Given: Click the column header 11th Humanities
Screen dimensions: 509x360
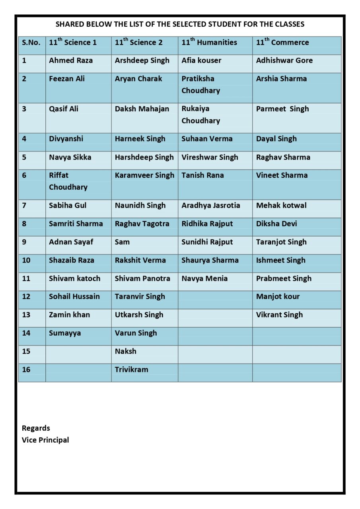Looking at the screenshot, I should (x=209, y=43).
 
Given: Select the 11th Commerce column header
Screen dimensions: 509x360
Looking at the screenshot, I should (x=282, y=43).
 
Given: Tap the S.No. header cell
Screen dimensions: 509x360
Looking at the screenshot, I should (x=31, y=43).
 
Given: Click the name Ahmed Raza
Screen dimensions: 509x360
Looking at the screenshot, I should (x=71, y=60).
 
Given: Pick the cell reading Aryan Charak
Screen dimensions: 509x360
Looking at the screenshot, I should (x=138, y=79).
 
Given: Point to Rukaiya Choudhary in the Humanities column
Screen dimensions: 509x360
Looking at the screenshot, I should (x=201, y=115).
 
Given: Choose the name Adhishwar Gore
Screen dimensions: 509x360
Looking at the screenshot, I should (x=284, y=60).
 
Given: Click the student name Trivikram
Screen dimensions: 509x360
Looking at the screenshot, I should (x=131, y=369).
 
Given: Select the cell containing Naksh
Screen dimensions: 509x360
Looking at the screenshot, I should (x=125, y=351).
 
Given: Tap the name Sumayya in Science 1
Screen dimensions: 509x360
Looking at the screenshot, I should (x=65, y=333).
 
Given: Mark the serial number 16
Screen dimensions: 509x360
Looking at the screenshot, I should (x=26, y=369).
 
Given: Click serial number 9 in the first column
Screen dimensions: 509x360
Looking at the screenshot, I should (x=24, y=242).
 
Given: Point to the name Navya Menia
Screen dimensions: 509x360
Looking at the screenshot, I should (x=204, y=278).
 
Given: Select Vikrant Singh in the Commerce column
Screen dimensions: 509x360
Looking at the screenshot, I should (x=279, y=315).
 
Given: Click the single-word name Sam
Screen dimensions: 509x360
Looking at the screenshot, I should (x=122, y=242).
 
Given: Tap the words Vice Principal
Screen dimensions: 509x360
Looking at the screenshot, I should (x=45, y=440).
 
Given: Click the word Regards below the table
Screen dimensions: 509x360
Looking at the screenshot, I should (x=36, y=428).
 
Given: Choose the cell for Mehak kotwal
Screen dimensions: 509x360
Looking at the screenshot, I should (x=281, y=205).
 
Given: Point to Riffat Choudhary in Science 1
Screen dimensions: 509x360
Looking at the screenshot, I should (x=68, y=181).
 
